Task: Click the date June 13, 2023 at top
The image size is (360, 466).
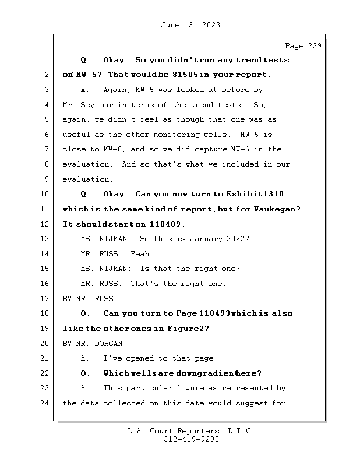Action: pos(190,25)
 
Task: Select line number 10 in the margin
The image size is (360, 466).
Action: pos(45,194)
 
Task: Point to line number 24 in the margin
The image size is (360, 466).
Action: pos(45,403)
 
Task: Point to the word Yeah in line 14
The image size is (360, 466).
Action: pos(142,253)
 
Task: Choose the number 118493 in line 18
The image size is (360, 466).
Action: pos(215,313)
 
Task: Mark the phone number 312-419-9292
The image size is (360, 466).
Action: pos(190,440)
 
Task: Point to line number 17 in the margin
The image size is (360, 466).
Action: pos(45,298)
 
